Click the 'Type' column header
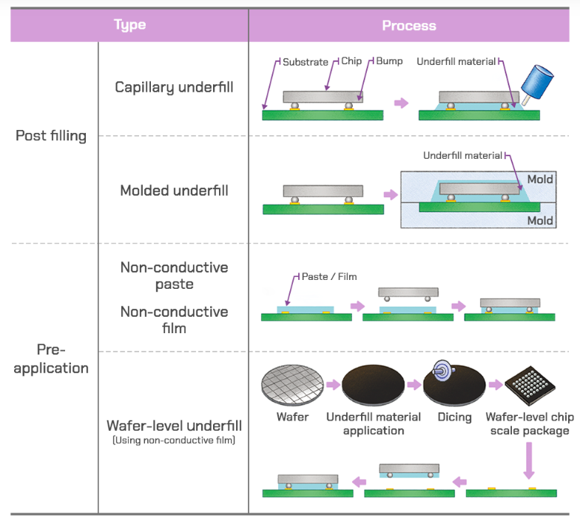(x=130, y=25)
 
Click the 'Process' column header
(x=409, y=25)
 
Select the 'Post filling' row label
(x=51, y=136)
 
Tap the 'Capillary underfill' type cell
(x=174, y=87)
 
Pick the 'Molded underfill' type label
(x=174, y=191)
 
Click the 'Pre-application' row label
(x=51, y=359)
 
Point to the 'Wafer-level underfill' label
(x=174, y=425)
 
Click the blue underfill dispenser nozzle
(x=537, y=84)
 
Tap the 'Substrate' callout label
(x=305, y=62)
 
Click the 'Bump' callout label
(x=389, y=61)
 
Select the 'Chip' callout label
(x=351, y=61)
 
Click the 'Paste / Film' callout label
(x=329, y=276)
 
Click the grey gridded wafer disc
(x=292, y=386)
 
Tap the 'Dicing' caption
(x=454, y=417)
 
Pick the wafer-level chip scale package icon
(x=530, y=386)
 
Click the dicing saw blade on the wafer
(x=442, y=371)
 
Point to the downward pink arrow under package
(x=529, y=461)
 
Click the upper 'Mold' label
(x=540, y=180)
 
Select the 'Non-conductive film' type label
(x=174, y=320)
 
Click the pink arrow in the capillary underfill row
(x=401, y=103)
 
